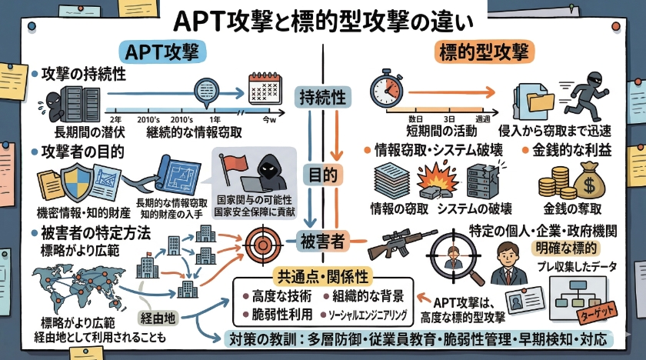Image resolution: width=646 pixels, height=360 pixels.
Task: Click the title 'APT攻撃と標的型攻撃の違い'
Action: click(322, 18)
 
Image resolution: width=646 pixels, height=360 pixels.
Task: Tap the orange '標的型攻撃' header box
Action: click(482, 52)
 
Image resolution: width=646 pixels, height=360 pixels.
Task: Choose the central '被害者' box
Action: click(322, 241)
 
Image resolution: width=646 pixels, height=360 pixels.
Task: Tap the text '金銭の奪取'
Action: click(572, 208)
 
